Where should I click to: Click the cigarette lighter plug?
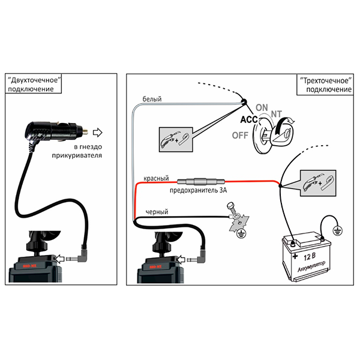coord(55,133)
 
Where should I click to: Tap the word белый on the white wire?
coord(152,99)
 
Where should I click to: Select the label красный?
coord(156,178)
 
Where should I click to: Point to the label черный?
coord(157,212)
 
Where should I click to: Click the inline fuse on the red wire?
coord(201,182)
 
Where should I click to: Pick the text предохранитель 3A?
coord(199,190)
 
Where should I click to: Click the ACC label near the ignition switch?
coord(249,119)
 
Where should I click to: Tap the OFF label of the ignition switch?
coord(240,136)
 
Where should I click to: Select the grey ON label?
coord(262,107)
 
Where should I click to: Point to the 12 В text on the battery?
coord(309,256)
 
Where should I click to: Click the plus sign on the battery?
coord(295,256)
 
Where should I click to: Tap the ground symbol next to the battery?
coord(337,230)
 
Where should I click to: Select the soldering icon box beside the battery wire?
coord(318,183)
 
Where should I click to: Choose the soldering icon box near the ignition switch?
coord(176,140)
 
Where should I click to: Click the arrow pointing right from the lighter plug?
coord(98,133)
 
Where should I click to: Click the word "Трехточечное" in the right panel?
coord(326,81)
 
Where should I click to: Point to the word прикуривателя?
coord(77,155)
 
